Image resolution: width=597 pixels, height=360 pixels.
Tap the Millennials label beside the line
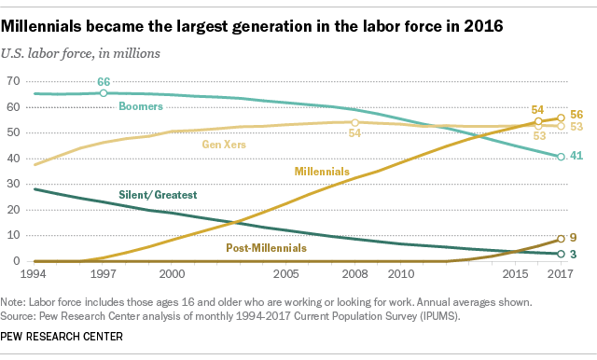322,172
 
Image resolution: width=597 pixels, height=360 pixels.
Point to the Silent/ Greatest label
159,194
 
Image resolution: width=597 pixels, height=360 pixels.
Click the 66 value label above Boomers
104,82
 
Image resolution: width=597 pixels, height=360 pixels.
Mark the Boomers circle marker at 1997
104,93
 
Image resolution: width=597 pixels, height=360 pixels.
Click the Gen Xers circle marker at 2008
354,122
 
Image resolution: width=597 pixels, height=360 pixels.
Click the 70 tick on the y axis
13,82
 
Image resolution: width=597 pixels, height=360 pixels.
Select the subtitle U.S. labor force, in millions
85,52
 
